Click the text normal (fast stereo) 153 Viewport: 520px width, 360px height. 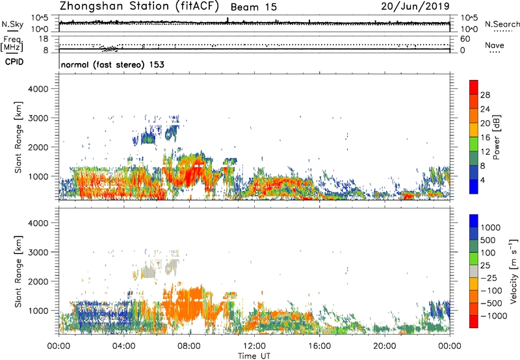click(x=112, y=64)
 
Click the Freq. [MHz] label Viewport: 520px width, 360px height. click(x=11, y=43)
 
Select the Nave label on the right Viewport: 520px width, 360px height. click(x=495, y=47)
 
